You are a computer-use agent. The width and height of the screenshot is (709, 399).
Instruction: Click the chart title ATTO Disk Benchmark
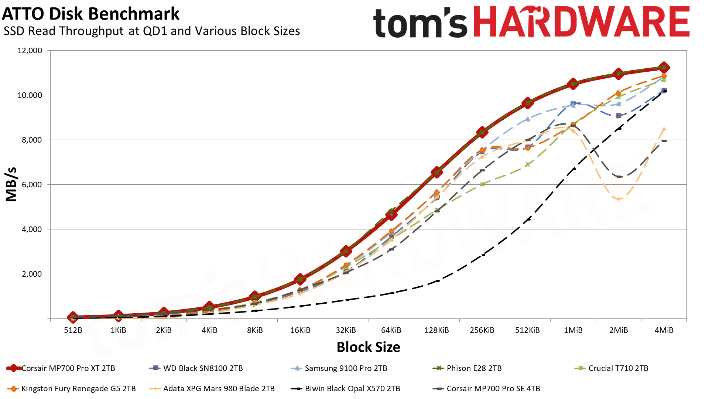tap(91, 14)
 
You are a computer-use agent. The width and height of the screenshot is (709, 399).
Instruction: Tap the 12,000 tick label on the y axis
tap(30, 51)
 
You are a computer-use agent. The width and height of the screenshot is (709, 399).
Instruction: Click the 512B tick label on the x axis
tap(73, 330)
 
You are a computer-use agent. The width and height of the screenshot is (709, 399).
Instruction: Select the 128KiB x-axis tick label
tap(436, 330)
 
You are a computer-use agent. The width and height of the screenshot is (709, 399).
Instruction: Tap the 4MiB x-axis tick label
tap(664, 330)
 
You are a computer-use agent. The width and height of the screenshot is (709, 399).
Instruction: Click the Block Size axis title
tap(368, 347)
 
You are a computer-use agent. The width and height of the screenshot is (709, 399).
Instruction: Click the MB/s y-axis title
tap(11, 184)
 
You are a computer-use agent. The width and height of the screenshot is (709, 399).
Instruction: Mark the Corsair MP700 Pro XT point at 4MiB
tap(664, 67)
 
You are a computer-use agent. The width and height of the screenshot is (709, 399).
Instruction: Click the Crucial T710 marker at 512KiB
tap(528, 164)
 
